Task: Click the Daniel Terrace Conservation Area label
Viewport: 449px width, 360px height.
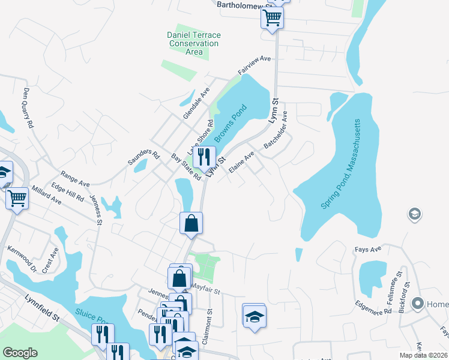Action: coord(193,44)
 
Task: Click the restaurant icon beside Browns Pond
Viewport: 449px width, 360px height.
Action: coord(204,158)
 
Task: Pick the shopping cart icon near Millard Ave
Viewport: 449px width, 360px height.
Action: coord(17,198)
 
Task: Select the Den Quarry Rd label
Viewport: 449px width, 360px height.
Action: coord(28,108)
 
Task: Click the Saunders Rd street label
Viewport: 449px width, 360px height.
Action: coord(143,158)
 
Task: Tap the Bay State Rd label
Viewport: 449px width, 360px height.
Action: coord(185,167)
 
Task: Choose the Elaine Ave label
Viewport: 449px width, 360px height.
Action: coord(241,161)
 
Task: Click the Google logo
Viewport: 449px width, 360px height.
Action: coord(20,353)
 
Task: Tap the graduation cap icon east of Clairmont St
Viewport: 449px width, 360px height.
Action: coord(254,315)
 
